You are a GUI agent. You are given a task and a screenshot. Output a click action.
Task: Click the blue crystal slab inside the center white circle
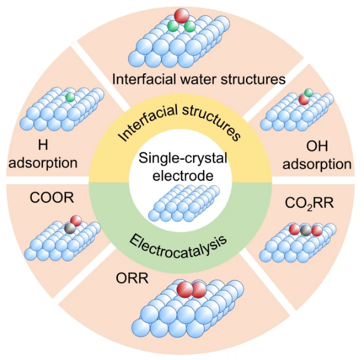click(x=181, y=207)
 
